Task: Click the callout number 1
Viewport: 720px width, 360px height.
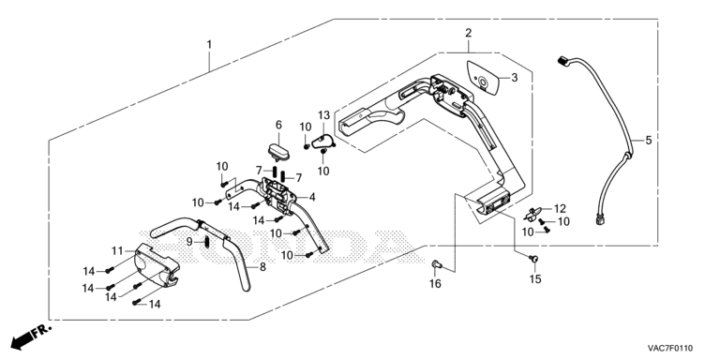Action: pyautogui.click(x=209, y=45)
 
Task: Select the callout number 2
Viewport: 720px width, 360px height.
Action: pyautogui.click(x=469, y=33)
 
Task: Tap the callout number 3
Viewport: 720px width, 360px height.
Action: pyautogui.click(x=515, y=78)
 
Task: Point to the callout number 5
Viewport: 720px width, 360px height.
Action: pyautogui.click(x=649, y=140)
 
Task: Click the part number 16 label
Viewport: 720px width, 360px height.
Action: pyautogui.click(x=435, y=284)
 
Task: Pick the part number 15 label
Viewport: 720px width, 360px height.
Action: pyautogui.click(x=535, y=278)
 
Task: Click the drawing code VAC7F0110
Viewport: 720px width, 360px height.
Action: pyautogui.click(x=670, y=348)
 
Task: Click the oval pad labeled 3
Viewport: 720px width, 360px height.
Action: pyautogui.click(x=484, y=78)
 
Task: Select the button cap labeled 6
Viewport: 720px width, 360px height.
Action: pyautogui.click(x=277, y=152)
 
